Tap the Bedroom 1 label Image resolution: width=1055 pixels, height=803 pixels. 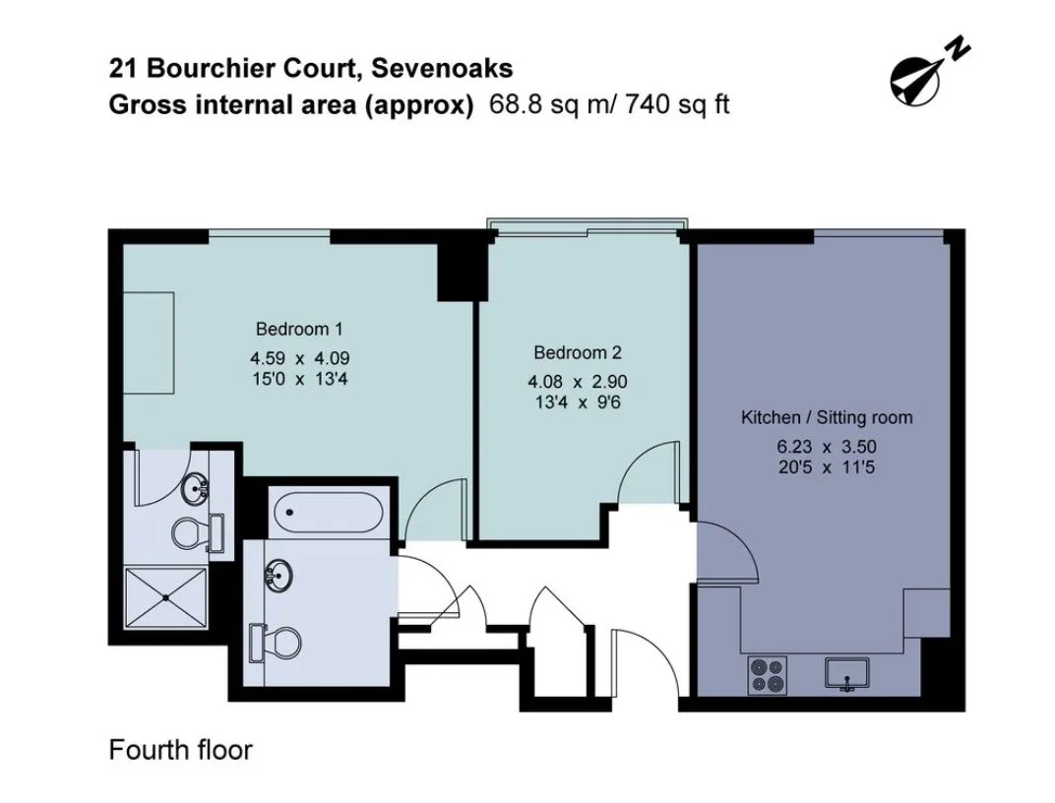(299, 329)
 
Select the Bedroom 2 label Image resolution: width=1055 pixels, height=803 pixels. (578, 352)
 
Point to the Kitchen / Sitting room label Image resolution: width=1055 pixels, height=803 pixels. (827, 417)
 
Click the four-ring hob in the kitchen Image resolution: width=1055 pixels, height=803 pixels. (768, 674)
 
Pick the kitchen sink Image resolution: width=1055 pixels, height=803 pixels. (847, 673)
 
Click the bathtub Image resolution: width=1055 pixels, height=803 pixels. (327, 513)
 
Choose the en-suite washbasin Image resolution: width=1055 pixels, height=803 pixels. (197, 489)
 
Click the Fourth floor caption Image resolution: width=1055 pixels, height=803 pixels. (180, 750)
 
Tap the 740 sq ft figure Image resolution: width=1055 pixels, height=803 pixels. (677, 105)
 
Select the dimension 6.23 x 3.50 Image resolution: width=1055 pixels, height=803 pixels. (827, 447)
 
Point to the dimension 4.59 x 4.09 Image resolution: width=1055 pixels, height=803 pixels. (299, 358)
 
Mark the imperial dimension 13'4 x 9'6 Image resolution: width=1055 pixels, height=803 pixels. (578, 402)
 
